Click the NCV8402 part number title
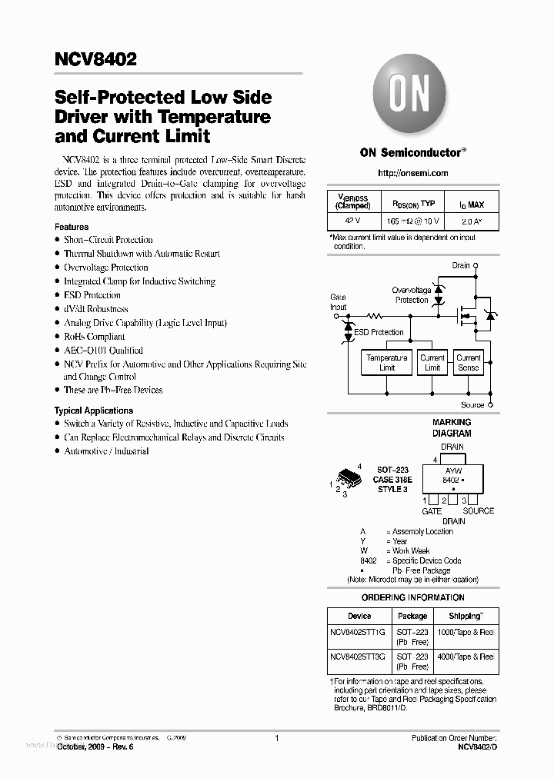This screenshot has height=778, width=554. click(95, 59)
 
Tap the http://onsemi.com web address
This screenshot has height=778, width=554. click(413, 173)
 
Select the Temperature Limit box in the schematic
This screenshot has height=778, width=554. click(386, 363)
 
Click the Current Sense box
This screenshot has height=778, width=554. click(468, 363)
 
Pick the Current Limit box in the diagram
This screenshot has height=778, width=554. click(432, 363)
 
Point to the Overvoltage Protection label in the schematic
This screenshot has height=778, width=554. click(412, 295)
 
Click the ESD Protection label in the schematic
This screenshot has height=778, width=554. click(378, 332)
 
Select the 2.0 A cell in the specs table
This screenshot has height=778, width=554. click(472, 221)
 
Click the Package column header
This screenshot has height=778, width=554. click(412, 616)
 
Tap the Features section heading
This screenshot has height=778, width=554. click(72, 227)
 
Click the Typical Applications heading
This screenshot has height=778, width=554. click(94, 411)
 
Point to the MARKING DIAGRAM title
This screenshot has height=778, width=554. click(452, 427)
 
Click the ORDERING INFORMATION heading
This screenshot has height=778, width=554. click(413, 597)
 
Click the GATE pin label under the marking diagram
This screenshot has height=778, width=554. click(432, 511)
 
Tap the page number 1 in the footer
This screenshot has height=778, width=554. click(276, 738)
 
